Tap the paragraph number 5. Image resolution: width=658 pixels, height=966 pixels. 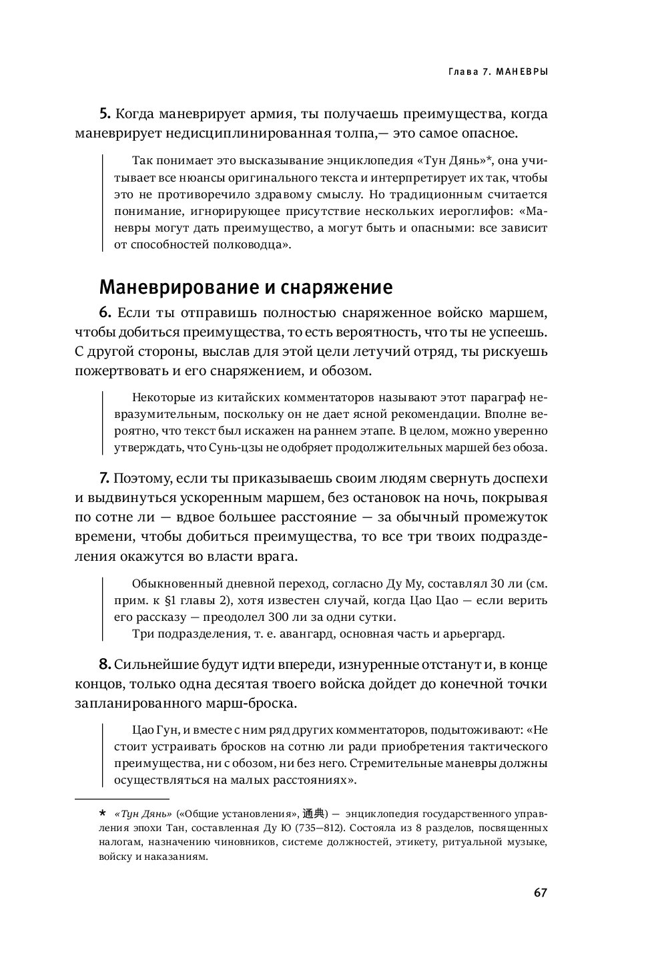coord(103,113)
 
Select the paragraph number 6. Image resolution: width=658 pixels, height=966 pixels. coord(103,313)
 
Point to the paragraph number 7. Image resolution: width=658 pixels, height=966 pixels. coord(103,479)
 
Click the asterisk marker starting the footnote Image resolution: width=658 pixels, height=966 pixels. coord(102,813)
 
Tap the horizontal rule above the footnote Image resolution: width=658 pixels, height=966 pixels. coord(122,799)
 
